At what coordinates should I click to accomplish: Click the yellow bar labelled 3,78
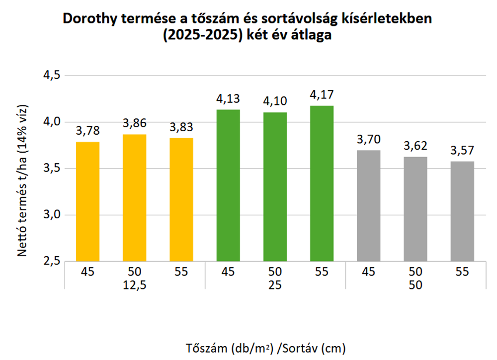(x=87, y=201)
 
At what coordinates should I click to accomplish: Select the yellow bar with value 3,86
(x=134, y=198)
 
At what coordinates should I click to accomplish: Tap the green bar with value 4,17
(x=322, y=183)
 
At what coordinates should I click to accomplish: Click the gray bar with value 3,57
(x=462, y=211)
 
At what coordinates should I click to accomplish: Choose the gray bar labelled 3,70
(x=368, y=205)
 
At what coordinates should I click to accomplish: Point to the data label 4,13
(x=228, y=98)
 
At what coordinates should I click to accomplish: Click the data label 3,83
(x=181, y=127)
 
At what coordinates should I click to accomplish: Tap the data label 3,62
(x=415, y=146)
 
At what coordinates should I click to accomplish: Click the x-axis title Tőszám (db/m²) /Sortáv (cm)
(x=266, y=347)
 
